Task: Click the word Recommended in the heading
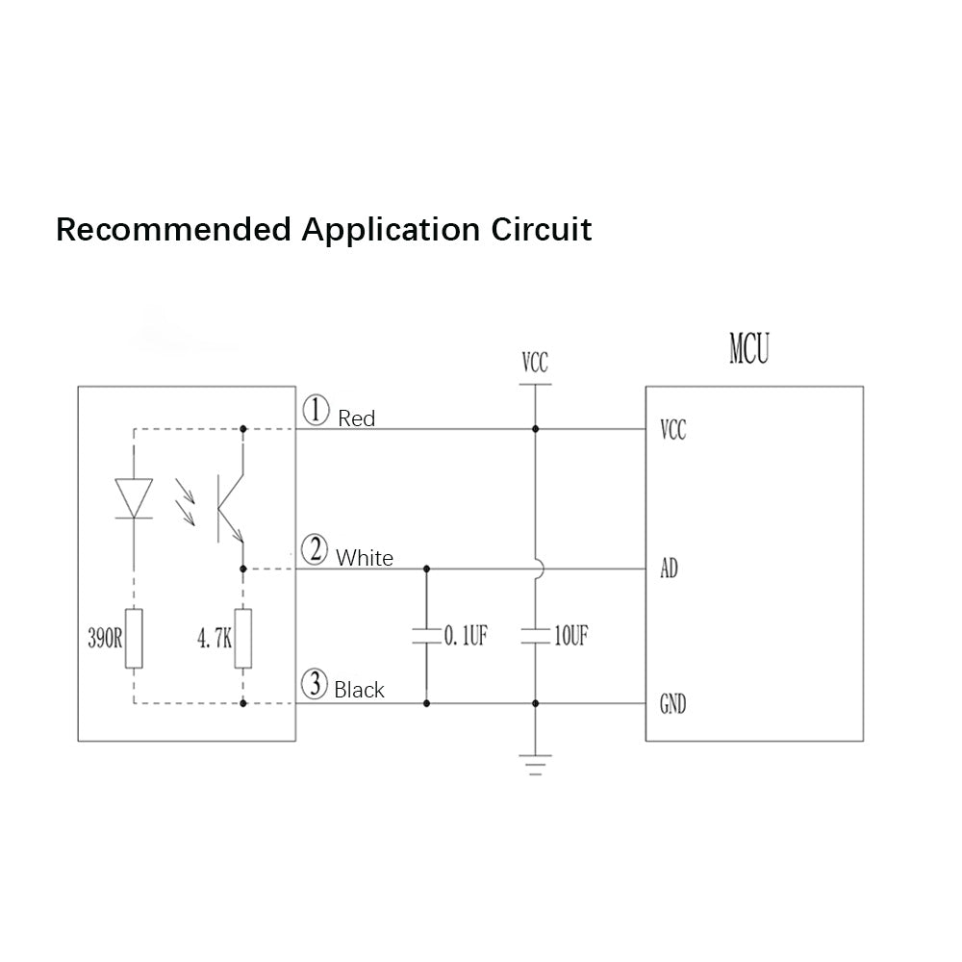pyautogui.click(x=173, y=230)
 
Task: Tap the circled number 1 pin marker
pyautogui.click(x=316, y=411)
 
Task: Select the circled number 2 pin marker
pyautogui.click(x=315, y=549)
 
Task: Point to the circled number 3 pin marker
pyautogui.click(x=316, y=684)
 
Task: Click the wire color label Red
pyautogui.click(x=357, y=419)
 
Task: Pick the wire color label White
pyautogui.click(x=365, y=558)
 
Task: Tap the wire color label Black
pyautogui.click(x=359, y=690)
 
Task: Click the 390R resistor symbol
pyautogui.click(x=134, y=638)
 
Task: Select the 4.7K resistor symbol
pyautogui.click(x=243, y=638)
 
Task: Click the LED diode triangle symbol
pyautogui.click(x=134, y=498)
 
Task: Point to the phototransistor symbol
pyautogui.click(x=231, y=508)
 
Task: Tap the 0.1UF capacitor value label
pyautogui.click(x=466, y=636)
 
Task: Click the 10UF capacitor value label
pyautogui.click(x=571, y=636)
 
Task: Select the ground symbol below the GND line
pyautogui.click(x=535, y=765)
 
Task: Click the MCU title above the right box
pyautogui.click(x=749, y=348)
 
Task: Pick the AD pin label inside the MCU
pyautogui.click(x=670, y=569)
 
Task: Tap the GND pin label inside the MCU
pyautogui.click(x=673, y=704)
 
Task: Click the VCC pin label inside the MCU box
pyautogui.click(x=673, y=429)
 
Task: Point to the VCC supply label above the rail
pyautogui.click(x=535, y=363)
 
